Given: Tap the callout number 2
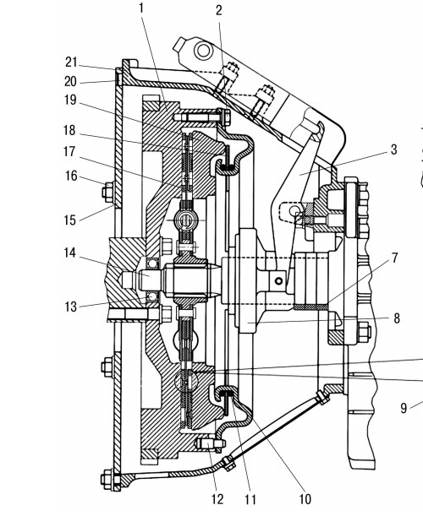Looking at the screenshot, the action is (219, 11).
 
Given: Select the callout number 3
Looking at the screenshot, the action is (393, 149).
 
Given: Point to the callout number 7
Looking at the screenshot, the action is (395, 258).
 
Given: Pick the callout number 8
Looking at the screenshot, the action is (397, 318).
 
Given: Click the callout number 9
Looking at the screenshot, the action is (404, 409).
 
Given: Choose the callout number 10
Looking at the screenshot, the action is (305, 500).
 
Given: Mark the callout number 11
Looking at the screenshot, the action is (250, 500).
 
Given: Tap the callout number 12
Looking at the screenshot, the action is (217, 500).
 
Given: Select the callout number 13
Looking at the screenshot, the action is (70, 307).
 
